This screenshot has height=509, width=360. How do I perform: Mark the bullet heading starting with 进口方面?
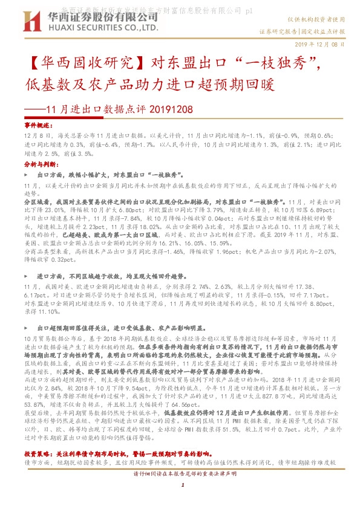109,275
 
